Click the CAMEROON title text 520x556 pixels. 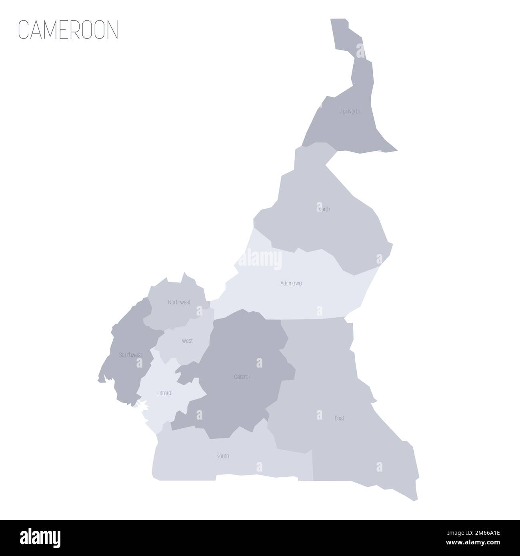tap(68, 30)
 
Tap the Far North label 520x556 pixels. tap(350, 111)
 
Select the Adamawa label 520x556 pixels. tap(291, 283)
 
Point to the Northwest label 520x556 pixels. tap(179, 302)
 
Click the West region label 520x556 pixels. tap(187, 341)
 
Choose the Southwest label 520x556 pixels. tap(130, 355)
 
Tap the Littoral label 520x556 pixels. tap(165, 393)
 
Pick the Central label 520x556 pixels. tap(242, 377)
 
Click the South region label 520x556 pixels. tap(222, 456)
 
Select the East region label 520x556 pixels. tap(339, 418)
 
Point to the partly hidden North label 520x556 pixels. tap(324, 209)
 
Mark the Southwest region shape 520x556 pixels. tap(124, 372)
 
